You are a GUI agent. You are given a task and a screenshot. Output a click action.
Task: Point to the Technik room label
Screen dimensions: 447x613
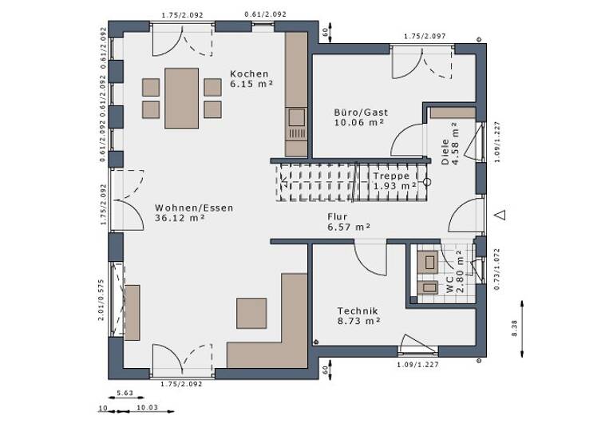click(358, 311)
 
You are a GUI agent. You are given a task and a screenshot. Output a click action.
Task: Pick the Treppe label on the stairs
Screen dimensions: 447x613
click(391, 176)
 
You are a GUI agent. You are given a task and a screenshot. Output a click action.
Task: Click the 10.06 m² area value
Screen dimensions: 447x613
click(358, 123)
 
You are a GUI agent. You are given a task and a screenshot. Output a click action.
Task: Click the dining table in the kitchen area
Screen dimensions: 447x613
click(181, 97)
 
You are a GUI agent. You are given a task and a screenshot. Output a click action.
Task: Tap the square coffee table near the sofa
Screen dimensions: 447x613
click(251, 313)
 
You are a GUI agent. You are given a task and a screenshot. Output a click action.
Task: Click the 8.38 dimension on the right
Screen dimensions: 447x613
click(515, 328)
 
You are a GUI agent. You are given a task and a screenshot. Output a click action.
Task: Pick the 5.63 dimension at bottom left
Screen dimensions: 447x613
click(125, 393)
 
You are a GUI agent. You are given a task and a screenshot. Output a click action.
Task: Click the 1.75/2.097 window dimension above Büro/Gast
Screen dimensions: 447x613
click(425, 36)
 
